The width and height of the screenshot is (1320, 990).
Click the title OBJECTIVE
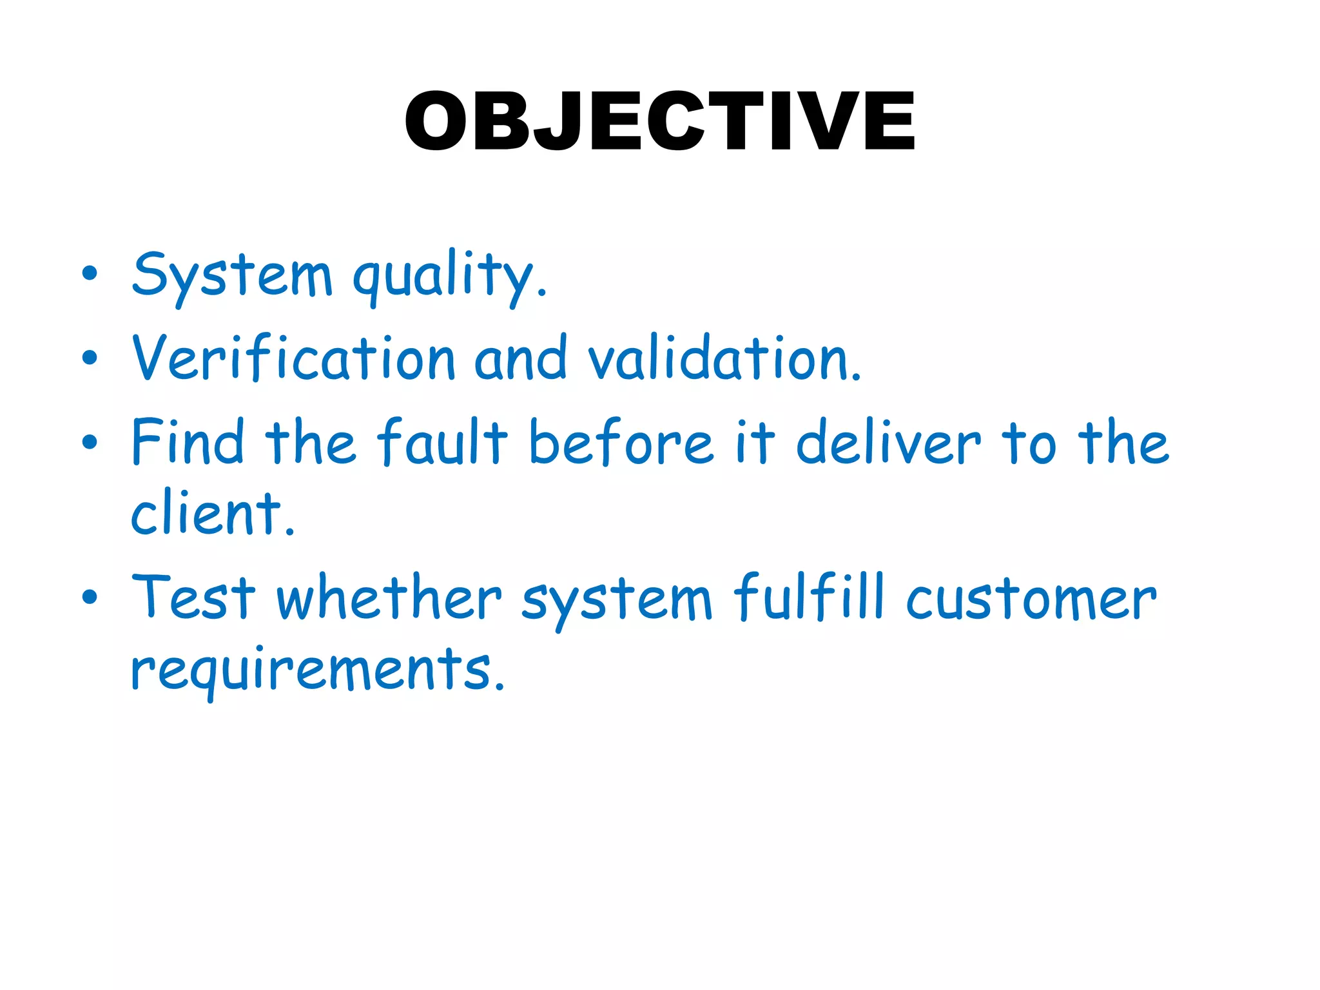coord(659,121)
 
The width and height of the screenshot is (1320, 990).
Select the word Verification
coord(293,358)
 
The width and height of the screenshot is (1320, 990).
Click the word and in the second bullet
coord(520,358)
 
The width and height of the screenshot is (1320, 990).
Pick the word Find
coord(188,442)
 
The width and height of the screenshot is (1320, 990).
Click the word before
coord(621,442)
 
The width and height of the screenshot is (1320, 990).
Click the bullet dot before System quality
coord(90,273)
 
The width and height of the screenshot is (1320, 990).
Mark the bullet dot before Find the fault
coord(90,442)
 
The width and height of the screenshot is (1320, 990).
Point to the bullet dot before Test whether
coord(90,597)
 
